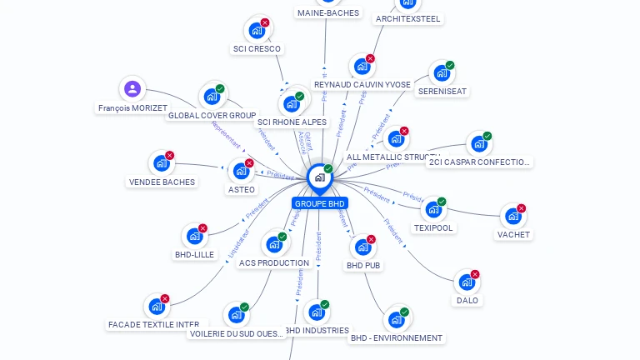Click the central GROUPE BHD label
[319, 203]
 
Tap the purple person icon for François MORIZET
[132, 89]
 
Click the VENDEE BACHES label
[162, 182]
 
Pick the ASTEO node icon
[241, 172]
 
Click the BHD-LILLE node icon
[194, 237]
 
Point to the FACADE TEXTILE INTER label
[153, 324]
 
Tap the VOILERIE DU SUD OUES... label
[237, 333]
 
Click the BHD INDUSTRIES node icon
[316, 312]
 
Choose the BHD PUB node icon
[362, 247]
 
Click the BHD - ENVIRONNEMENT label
[397, 337]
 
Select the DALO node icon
[467, 282]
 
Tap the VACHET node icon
[512, 217]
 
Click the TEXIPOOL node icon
[433, 210]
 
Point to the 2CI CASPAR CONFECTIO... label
[479, 162]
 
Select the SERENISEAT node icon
[441, 73]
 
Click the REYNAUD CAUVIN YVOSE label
[362, 84]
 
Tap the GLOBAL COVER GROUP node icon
[212, 97]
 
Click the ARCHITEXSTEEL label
[408, 18]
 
